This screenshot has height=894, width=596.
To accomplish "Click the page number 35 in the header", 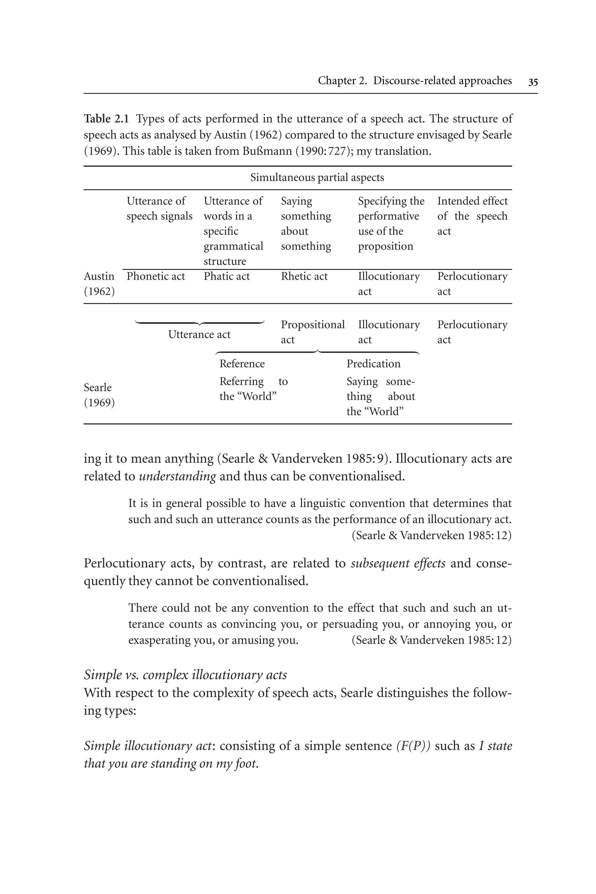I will [x=533, y=82].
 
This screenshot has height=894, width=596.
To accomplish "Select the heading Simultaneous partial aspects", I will [x=317, y=177].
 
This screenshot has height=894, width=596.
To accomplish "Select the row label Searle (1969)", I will [x=99, y=395].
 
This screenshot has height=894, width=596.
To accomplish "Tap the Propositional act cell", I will [x=313, y=332].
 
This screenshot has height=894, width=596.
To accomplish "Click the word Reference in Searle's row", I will [x=242, y=364].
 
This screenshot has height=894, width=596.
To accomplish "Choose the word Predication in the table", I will [x=373, y=364].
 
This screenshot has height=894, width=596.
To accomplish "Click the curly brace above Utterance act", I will [x=199, y=323].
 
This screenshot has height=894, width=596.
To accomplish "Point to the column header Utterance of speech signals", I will [x=159, y=208].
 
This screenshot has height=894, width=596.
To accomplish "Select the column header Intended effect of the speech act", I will [x=472, y=216].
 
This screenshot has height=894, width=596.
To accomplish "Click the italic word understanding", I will [x=177, y=476].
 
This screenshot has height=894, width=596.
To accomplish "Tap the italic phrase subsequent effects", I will [x=398, y=563].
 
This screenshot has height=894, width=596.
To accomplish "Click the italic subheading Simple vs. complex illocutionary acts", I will [x=185, y=675].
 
